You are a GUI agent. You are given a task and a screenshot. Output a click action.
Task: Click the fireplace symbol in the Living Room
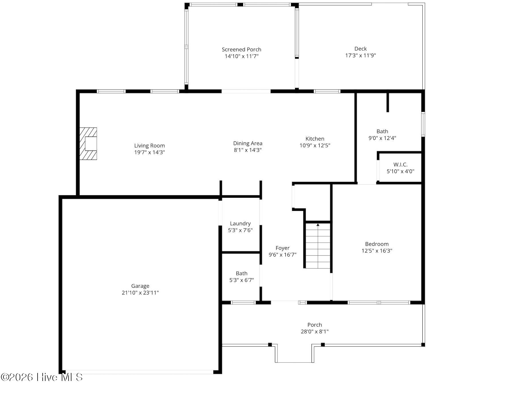point(88,144)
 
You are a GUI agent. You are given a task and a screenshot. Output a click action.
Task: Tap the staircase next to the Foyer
point(318,246)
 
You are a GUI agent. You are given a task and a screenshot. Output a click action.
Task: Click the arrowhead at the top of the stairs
point(318,225)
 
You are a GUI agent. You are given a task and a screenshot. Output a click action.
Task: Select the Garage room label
point(140,286)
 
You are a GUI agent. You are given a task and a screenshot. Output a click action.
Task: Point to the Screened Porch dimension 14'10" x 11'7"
point(242,56)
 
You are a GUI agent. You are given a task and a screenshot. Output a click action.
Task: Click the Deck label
point(361,49)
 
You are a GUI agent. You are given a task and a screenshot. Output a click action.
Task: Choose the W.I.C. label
point(400,165)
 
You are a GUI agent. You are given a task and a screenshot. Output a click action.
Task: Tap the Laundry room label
point(240,224)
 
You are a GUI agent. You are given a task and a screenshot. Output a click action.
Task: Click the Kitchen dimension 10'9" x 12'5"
point(315,145)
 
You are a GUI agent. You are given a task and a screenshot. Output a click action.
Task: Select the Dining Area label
point(248,143)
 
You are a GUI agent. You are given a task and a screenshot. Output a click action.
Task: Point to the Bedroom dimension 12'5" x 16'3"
point(377,251)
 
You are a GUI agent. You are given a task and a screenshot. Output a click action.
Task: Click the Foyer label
point(283,248)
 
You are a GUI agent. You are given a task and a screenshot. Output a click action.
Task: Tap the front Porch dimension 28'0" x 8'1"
point(315,331)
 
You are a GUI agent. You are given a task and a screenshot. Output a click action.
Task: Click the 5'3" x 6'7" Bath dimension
point(242,280)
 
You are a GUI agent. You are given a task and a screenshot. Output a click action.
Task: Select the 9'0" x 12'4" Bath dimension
point(382,138)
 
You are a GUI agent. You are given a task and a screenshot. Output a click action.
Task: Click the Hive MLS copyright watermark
point(42,377)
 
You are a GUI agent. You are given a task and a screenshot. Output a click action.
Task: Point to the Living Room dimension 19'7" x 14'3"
point(149,152)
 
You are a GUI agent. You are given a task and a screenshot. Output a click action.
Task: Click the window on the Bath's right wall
point(423,124)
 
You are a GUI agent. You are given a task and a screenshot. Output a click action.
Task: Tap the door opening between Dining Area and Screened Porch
point(246,91)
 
